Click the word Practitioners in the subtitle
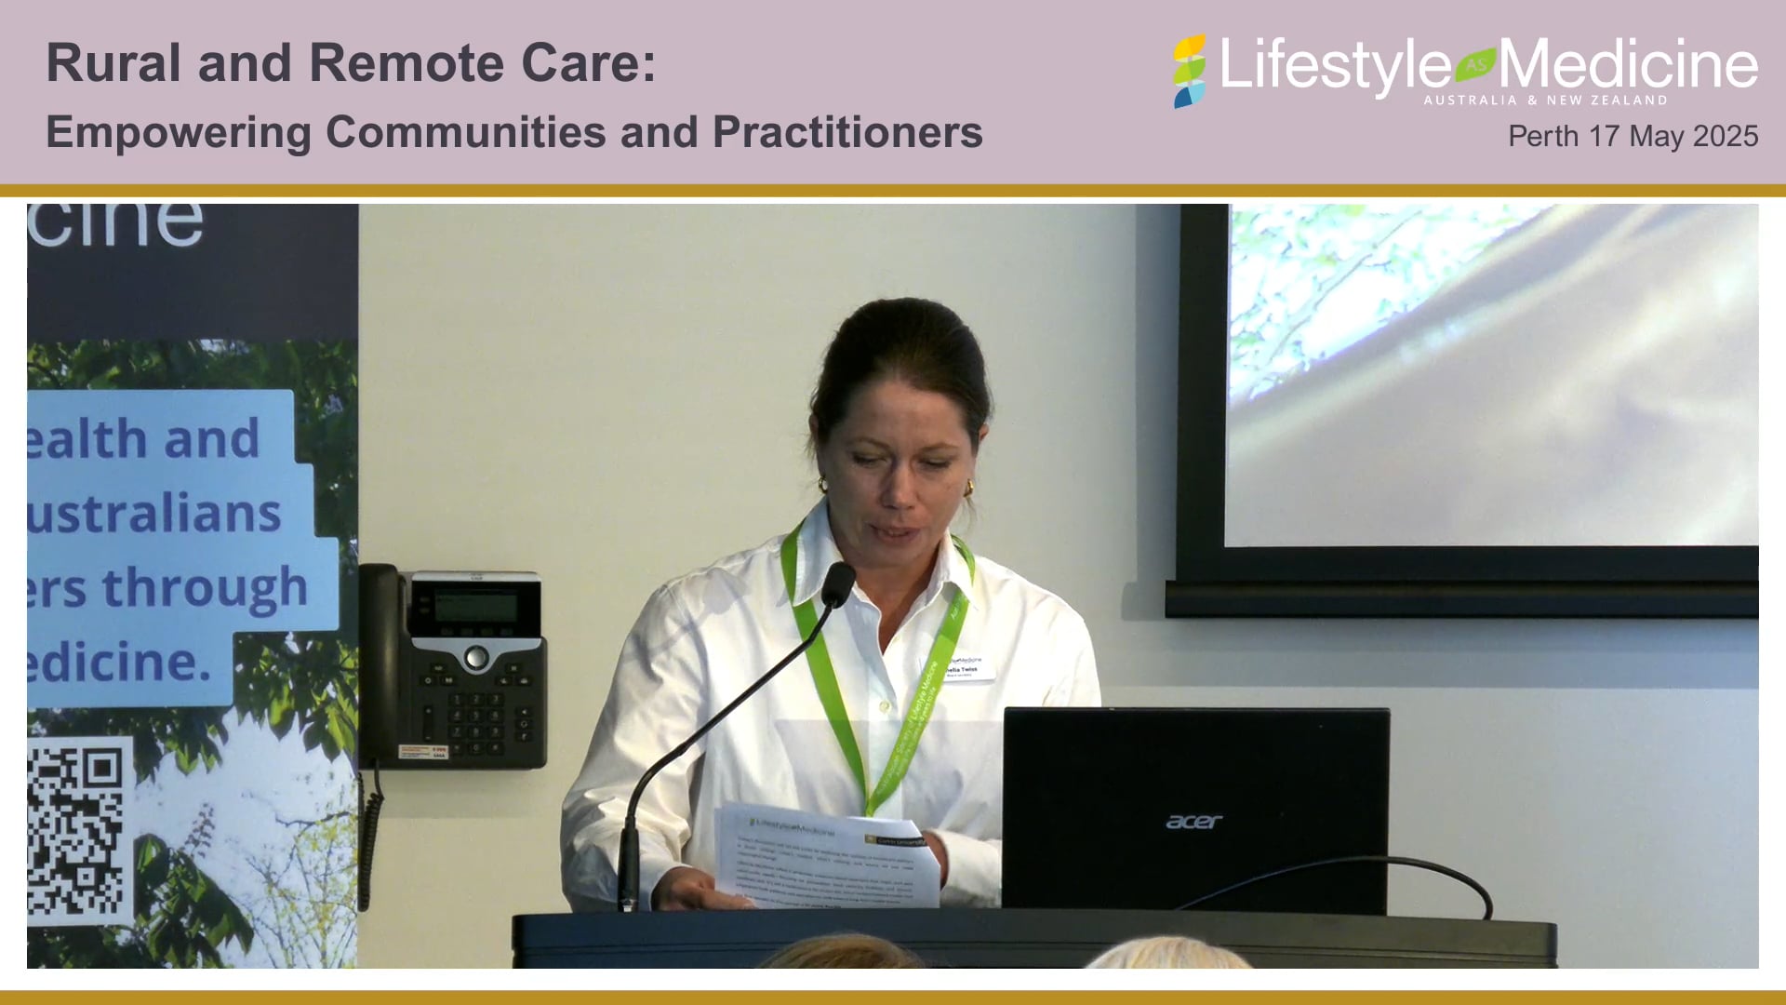847,132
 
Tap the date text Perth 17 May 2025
1633,136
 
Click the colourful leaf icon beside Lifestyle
1189,72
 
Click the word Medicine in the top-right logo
1628,65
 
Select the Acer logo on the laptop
1193,822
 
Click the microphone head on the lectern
837,584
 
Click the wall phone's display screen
475,607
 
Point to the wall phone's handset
380,665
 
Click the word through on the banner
205,588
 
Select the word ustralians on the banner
153,514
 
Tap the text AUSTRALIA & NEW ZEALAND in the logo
1545,100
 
